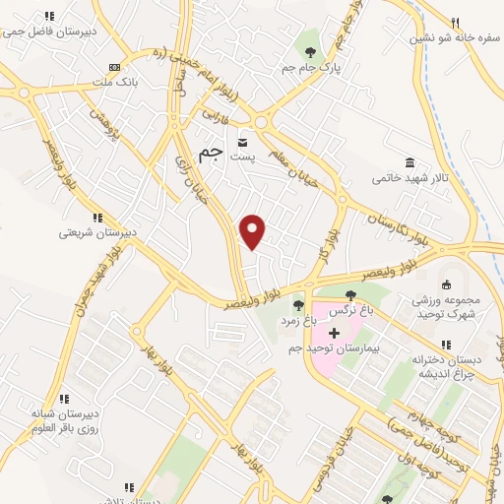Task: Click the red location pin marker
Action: coord(254,231)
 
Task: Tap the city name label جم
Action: coord(211,153)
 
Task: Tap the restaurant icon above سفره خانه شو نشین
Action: coord(455,23)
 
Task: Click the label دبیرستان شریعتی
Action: coord(96,232)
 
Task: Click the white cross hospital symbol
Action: coord(334,333)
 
